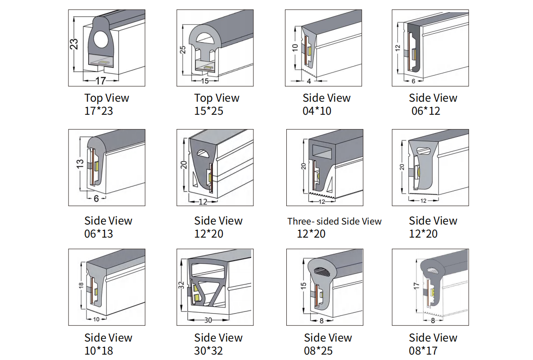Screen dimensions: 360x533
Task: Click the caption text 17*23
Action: (99, 111)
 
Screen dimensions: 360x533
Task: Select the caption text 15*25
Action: (208, 111)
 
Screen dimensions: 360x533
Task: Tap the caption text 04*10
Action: (317, 111)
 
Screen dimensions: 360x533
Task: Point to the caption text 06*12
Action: (426, 111)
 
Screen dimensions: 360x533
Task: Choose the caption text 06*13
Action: (99, 234)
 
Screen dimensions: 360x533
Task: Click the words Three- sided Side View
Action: (334, 221)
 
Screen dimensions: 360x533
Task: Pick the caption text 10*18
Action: (99, 351)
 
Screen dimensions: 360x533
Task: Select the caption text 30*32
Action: (208, 351)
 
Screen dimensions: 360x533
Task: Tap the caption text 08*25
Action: (318, 351)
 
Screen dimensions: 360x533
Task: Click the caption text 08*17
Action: (423, 351)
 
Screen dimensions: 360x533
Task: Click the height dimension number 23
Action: (75, 44)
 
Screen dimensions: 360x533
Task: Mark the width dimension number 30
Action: (208, 320)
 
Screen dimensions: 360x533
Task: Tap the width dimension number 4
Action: (309, 81)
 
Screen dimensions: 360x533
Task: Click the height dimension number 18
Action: (81, 286)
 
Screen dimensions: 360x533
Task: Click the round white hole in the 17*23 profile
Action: (101, 42)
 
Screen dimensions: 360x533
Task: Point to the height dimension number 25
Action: (183, 49)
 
